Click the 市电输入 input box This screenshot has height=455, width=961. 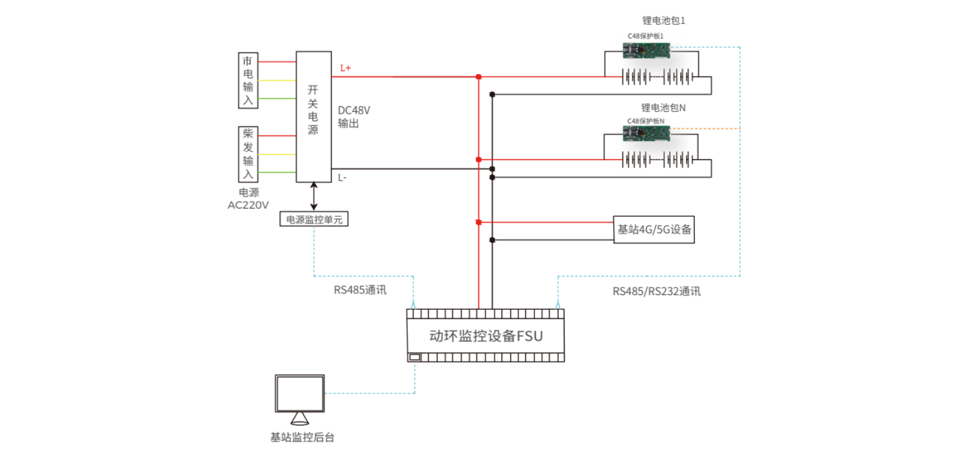click(x=248, y=81)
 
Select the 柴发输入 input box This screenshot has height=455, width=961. click(x=248, y=154)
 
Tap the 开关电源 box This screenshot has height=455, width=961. click(x=314, y=117)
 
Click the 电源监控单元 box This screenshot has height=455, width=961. click(x=314, y=220)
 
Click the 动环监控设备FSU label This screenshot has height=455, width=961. click(x=486, y=336)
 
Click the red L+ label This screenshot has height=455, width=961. click(x=345, y=68)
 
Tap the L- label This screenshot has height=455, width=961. click(x=342, y=178)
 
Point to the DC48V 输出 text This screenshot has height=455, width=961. click(x=353, y=117)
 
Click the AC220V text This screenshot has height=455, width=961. click(x=248, y=205)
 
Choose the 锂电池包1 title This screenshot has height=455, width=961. click(x=663, y=21)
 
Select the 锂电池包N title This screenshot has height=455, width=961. click(x=663, y=108)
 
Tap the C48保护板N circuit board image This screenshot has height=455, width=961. click(x=646, y=133)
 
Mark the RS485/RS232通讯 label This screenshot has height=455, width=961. click(x=656, y=291)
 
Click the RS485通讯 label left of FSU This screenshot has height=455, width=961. click(x=360, y=291)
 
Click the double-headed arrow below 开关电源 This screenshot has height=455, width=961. click(x=314, y=197)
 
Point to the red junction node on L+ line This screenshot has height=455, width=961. click(x=479, y=77)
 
